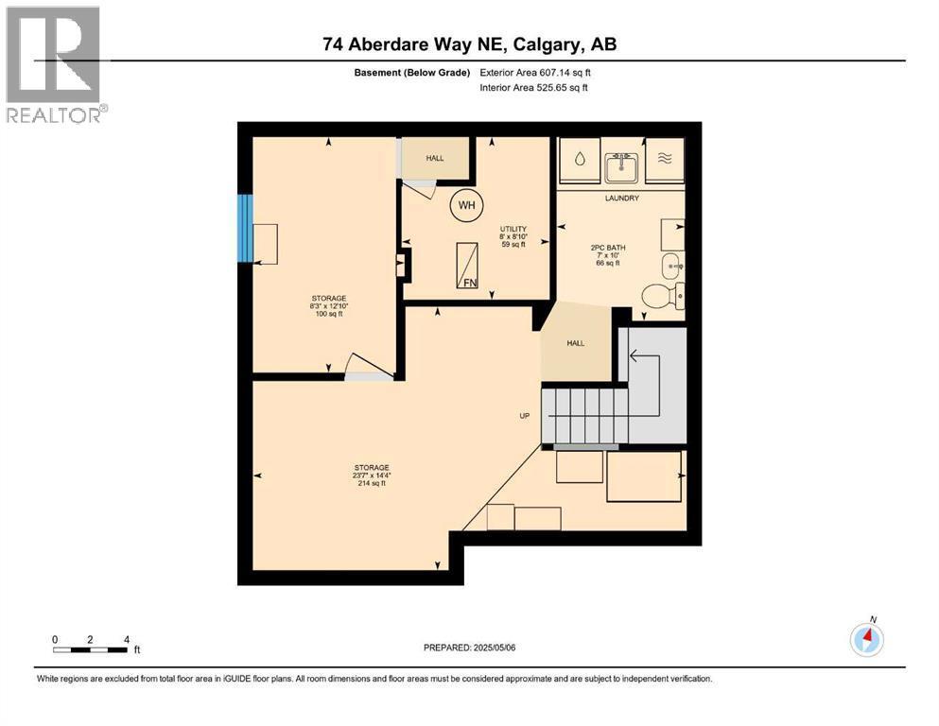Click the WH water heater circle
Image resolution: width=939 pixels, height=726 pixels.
point(465,205)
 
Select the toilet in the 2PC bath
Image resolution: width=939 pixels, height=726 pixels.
point(663,296)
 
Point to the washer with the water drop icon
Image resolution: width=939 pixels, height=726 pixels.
point(577,160)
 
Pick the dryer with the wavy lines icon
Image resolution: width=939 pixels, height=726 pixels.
point(665,160)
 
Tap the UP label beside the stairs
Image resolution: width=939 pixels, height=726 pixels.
point(524,415)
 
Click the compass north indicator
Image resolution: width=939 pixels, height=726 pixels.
point(866,639)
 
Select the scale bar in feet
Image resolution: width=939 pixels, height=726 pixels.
point(90,648)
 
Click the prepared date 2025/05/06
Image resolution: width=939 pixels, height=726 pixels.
point(470,648)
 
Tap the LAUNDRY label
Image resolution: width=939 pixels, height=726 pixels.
point(622,198)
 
